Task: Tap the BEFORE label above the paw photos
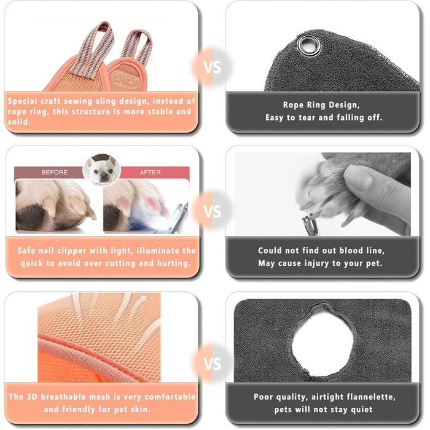coord(54,172)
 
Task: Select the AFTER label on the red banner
coord(150,172)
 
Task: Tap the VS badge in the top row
coord(213,67)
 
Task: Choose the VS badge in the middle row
coord(213,211)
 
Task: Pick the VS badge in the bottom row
coord(213,364)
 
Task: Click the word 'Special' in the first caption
coord(22,101)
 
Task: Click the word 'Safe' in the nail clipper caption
coord(26,251)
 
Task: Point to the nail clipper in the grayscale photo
coord(311,224)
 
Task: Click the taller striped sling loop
coord(94,49)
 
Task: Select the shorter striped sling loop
coord(137,47)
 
